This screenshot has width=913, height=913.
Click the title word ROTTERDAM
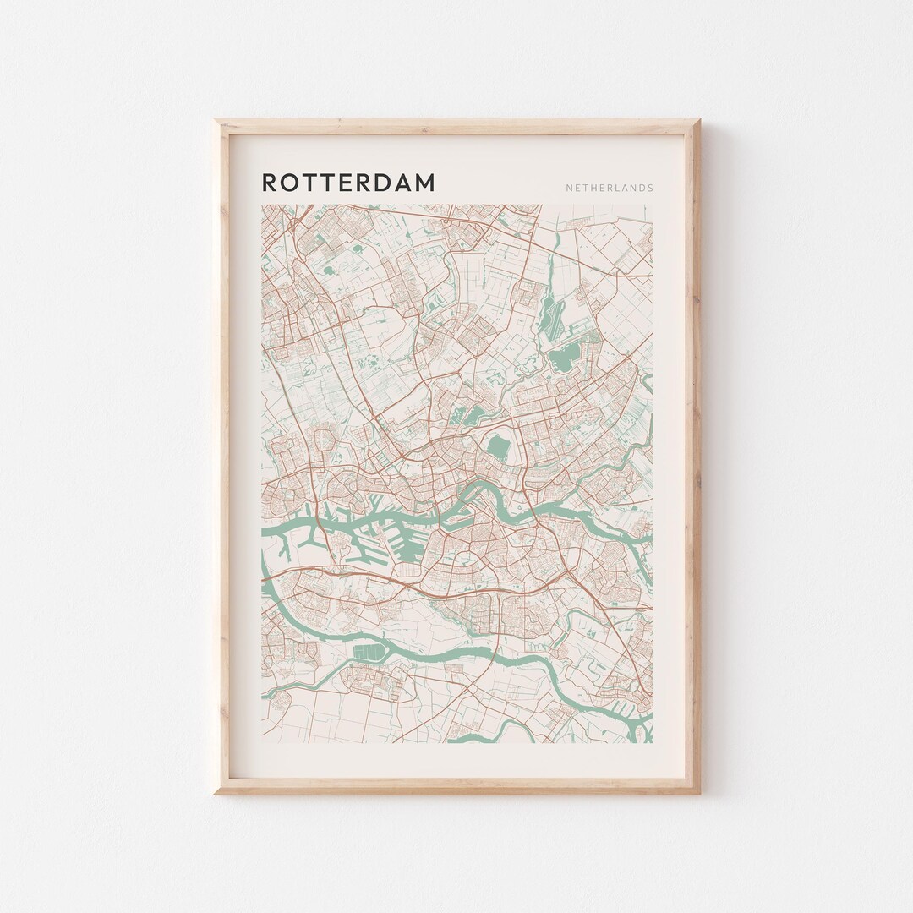[x=348, y=183]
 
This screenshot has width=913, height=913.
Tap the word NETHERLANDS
[x=610, y=189]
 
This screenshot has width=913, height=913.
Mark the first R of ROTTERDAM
[x=270, y=183]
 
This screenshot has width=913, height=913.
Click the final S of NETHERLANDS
[x=650, y=189]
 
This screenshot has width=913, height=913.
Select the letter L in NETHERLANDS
[x=612, y=189]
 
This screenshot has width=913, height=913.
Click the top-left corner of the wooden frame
[x=216, y=121]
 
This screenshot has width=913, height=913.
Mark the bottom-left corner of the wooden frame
[x=216, y=793]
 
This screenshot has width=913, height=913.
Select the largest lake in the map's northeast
[x=562, y=360]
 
